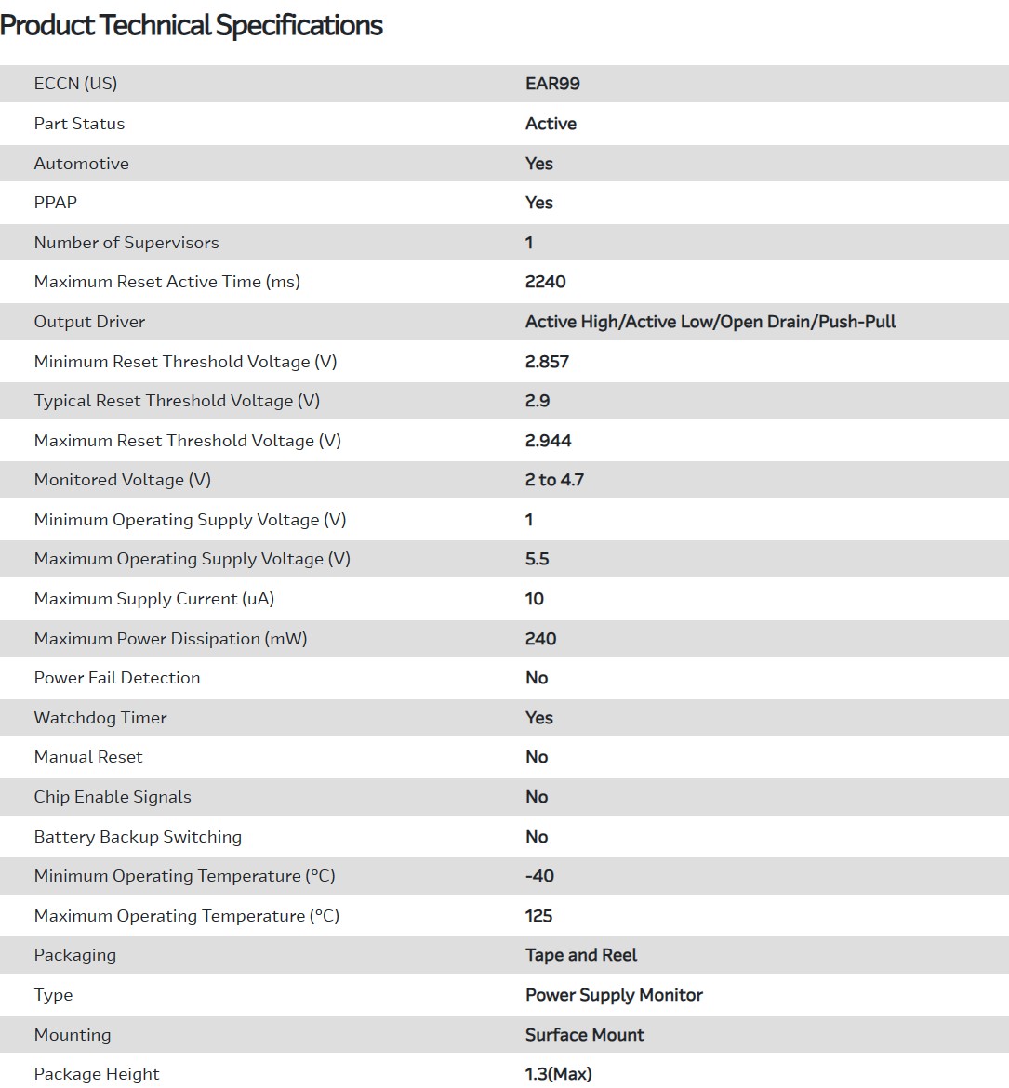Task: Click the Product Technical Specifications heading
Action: tap(192, 25)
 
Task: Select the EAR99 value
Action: tap(552, 84)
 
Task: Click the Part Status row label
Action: tap(79, 124)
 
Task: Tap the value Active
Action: tap(551, 124)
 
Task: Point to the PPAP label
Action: tap(56, 203)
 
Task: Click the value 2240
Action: tap(545, 282)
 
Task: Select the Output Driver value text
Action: tap(710, 322)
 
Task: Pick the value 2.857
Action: tap(547, 362)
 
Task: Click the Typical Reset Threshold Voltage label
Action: tap(177, 401)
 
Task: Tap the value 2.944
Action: tap(548, 441)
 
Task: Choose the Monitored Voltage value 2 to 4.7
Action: tap(554, 480)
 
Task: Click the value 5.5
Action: tap(537, 559)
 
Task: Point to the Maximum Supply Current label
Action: tap(154, 599)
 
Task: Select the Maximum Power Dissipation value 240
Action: tap(540, 639)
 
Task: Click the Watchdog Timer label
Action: tap(100, 718)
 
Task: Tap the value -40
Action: tap(539, 876)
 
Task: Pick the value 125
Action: tap(538, 916)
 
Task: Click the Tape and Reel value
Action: tap(581, 955)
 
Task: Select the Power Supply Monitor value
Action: tap(614, 995)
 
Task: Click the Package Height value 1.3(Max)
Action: tap(558, 1074)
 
